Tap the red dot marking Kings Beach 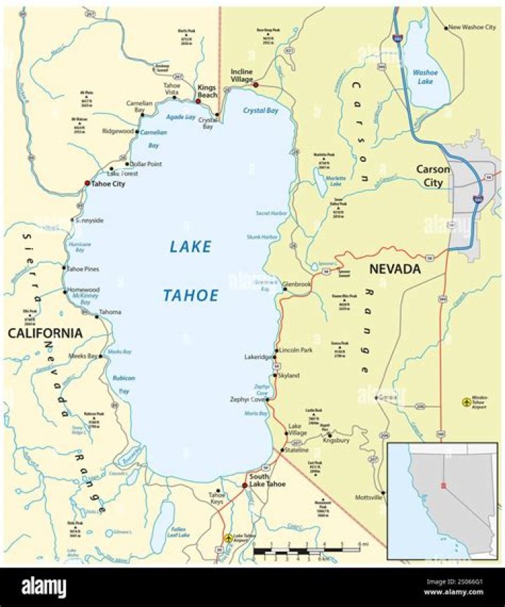tap(198, 102)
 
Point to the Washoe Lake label tap(425, 76)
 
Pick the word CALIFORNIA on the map tap(45, 333)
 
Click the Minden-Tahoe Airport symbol tap(466, 402)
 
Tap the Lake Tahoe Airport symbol tap(228, 538)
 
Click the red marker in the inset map tap(443, 485)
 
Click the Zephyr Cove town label tap(245, 400)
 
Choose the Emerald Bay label tap(131, 456)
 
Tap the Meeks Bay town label tap(82, 356)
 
